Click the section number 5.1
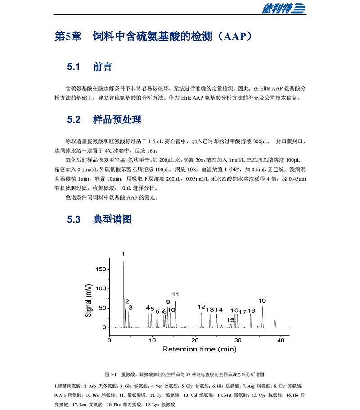pos(73,68)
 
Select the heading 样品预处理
pos(117,120)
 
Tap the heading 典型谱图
pos(112,220)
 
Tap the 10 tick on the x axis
pos(152,340)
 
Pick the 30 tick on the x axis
pos(238,340)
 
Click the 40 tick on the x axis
pos(280,340)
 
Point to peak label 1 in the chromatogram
pos(123,255)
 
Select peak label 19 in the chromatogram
pos(262,301)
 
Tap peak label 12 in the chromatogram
pos(201,307)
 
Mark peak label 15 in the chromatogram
pos(230,320)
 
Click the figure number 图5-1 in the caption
pos(111,374)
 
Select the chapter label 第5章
pos(68,36)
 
